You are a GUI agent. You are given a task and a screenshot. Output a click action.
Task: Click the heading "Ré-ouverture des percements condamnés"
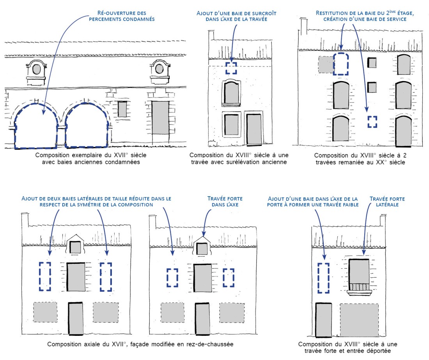point(122,16)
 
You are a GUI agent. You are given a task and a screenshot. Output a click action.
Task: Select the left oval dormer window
point(37,70)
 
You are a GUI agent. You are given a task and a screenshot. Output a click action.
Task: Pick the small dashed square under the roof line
point(231,68)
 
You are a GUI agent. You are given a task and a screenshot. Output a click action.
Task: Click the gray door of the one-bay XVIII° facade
point(254,129)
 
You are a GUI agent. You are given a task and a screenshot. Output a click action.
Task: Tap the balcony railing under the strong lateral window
point(358,287)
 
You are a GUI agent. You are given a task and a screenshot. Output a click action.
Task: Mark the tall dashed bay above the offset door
point(323,278)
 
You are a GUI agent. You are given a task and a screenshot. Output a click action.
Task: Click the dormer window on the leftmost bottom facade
point(75,247)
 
